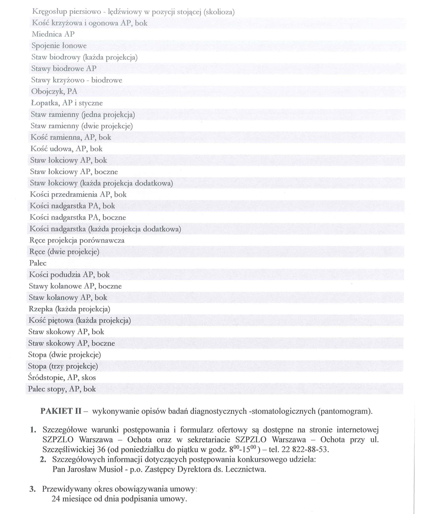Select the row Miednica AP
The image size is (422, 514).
click(x=53, y=34)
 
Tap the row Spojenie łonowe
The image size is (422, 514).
click(x=59, y=46)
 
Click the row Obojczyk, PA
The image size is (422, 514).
click(x=54, y=91)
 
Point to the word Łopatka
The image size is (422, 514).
click(x=45, y=103)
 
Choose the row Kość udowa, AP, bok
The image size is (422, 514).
click(x=66, y=149)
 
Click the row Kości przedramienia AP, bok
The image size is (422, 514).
click(x=78, y=194)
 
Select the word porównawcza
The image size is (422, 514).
click(x=102, y=240)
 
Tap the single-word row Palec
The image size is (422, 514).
click(x=38, y=263)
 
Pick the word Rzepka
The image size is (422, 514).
click(x=41, y=309)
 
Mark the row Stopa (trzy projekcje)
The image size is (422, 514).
click(x=63, y=366)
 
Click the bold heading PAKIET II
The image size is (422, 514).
click(x=61, y=411)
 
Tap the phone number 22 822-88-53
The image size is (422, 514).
click(x=305, y=449)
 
